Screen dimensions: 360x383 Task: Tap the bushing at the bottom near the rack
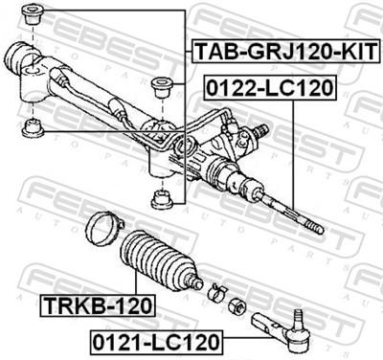[161, 199]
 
